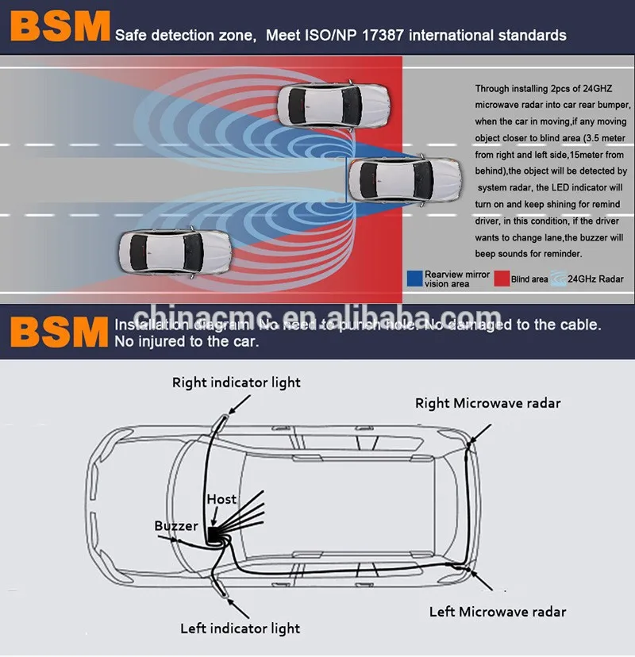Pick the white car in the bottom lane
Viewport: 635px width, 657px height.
(x=175, y=251)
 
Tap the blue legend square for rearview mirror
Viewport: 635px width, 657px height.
(x=414, y=279)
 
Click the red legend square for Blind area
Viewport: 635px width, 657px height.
(x=501, y=279)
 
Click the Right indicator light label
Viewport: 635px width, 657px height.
(x=237, y=382)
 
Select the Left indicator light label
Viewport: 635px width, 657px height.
(x=240, y=628)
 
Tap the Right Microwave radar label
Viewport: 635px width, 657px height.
(x=487, y=403)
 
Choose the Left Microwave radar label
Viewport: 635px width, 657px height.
(x=498, y=612)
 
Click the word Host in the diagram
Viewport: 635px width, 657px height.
(x=221, y=499)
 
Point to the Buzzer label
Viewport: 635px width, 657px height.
(x=176, y=526)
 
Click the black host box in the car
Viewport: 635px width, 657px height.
(x=214, y=534)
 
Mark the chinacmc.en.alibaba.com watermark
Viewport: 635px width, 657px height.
(x=317, y=316)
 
